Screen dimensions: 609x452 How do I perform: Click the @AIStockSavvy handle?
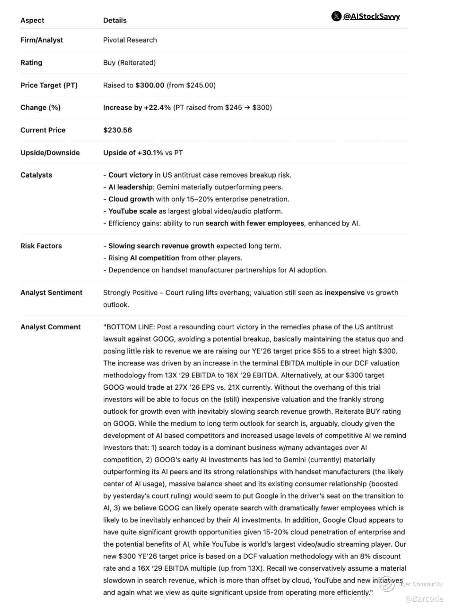tap(371, 16)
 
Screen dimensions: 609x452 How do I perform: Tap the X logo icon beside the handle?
tap(336, 16)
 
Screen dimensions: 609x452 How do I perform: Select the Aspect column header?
tap(32, 20)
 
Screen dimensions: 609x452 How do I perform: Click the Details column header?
tap(115, 20)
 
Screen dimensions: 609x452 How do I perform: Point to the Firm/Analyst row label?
tap(41, 40)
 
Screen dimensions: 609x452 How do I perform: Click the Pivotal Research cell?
tap(130, 40)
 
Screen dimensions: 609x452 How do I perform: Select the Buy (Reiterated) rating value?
tap(129, 63)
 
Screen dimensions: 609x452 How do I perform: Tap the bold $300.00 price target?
tap(150, 85)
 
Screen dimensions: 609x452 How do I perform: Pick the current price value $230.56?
tap(118, 130)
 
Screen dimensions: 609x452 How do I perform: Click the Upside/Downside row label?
tap(50, 153)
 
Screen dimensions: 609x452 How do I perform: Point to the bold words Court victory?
tap(131, 175)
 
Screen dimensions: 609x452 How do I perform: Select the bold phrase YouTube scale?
tap(132, 211)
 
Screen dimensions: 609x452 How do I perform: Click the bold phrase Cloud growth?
tap(131, 199)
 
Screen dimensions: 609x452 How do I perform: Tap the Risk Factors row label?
tap(41, 246)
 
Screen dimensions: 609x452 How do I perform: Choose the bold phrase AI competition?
tap(154, 258)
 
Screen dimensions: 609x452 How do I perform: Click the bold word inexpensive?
tap(344, 293)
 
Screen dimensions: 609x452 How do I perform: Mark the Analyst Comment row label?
tap(50, 327)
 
